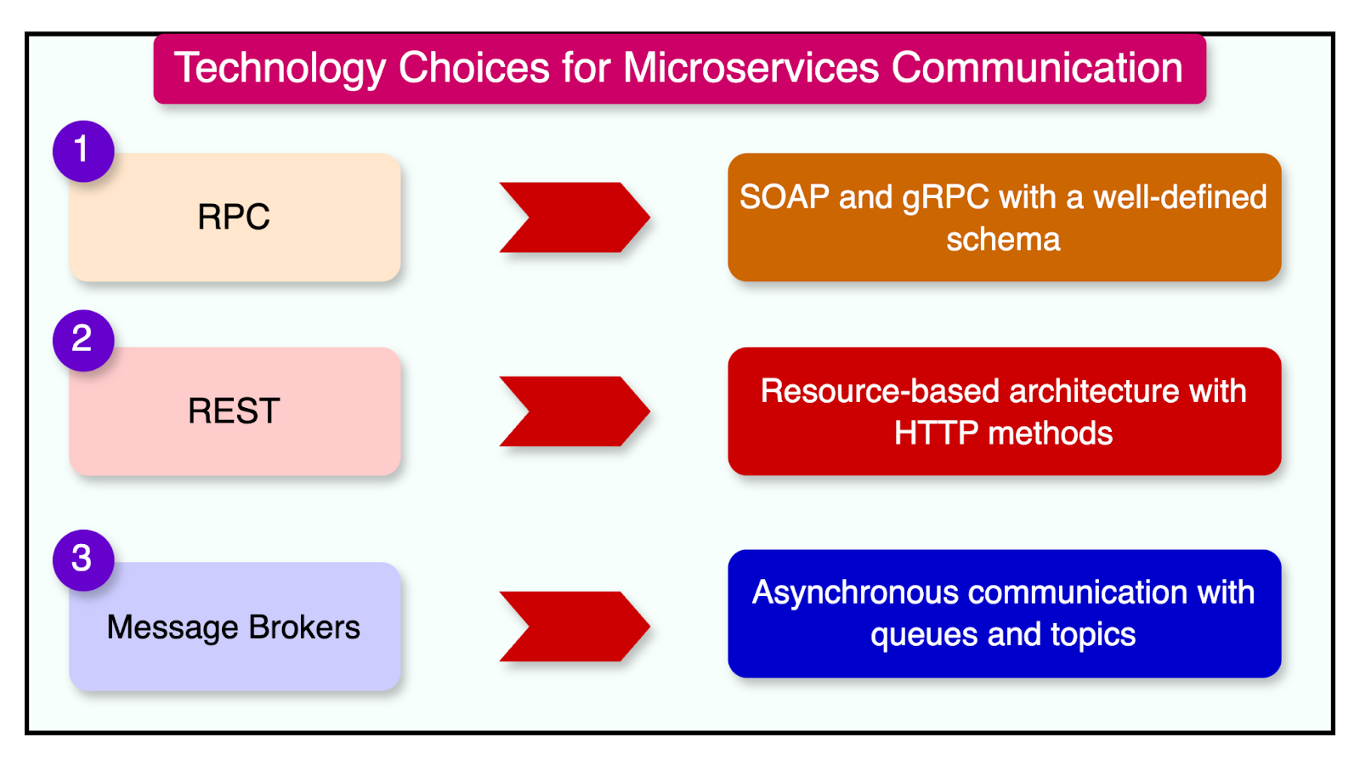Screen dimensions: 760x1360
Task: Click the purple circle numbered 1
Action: (x=82, y=150)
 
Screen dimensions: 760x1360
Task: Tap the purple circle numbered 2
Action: (x=82, y=340)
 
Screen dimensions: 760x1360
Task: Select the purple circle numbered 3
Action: (x=82, y=559)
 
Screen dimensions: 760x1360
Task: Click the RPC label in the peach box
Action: (x=234, y=217)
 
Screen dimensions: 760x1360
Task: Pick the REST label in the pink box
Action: (x=234, y=411)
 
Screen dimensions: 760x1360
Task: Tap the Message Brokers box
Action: (x=234, y=627)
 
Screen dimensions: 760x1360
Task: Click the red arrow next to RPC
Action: (x=574, y=218)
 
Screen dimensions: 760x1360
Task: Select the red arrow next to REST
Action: (x=574, y=411)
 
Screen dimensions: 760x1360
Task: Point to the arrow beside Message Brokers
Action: (x=574, y=627)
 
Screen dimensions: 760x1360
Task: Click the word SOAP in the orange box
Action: (x=784, y=197)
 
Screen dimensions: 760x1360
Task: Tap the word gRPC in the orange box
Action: (x=945, y=197)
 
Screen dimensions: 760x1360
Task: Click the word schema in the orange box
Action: (x=1003, y=240)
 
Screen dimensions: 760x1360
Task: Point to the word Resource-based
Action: (x=880, y=391)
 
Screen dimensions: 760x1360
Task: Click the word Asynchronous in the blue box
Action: (x=855, y=593)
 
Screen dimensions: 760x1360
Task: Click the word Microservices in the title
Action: (x=751, y=68)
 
